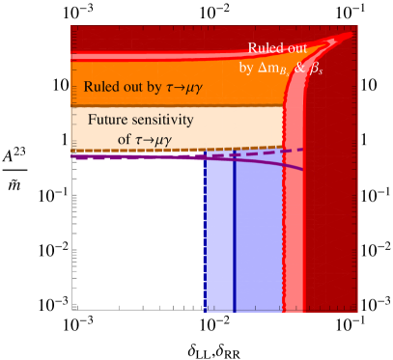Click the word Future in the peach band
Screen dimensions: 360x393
coord(110,121)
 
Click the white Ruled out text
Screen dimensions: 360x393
coord(279,48)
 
